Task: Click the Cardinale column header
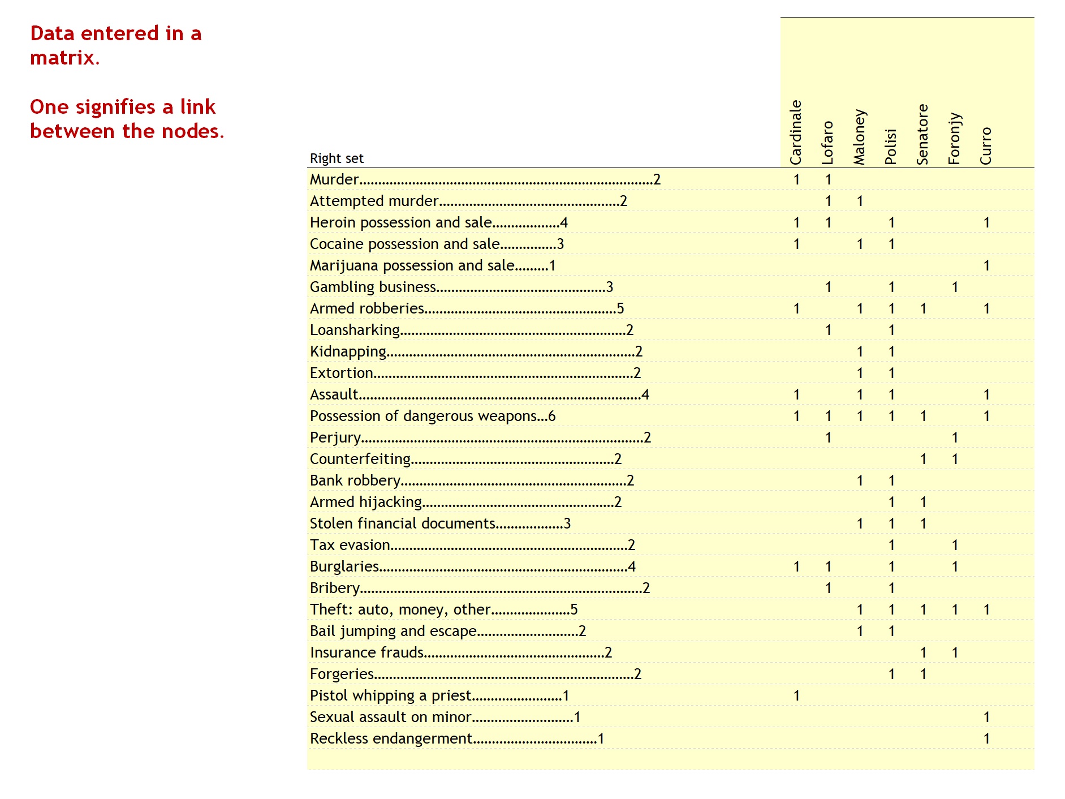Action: (796, 132)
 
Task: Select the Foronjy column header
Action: (954, 139)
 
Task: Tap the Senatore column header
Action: (922, 135)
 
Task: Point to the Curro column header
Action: (986, 146)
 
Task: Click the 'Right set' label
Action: (337, 158)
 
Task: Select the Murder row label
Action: (334, 179)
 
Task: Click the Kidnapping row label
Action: (348, 352)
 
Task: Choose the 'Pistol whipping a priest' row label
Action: (390, 695)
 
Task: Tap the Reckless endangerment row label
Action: (391, 738)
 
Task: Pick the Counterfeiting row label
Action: (360, 459)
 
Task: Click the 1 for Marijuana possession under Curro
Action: (986, 265)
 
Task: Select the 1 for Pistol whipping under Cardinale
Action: (796, 695)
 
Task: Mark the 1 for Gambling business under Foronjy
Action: (955, 287)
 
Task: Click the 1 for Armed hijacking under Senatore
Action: (923, 502)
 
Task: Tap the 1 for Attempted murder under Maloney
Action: (860, 201)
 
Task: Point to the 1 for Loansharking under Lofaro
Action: (828, 330)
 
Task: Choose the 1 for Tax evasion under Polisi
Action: (891, 545)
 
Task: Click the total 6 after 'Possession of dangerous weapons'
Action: (551, 416)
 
